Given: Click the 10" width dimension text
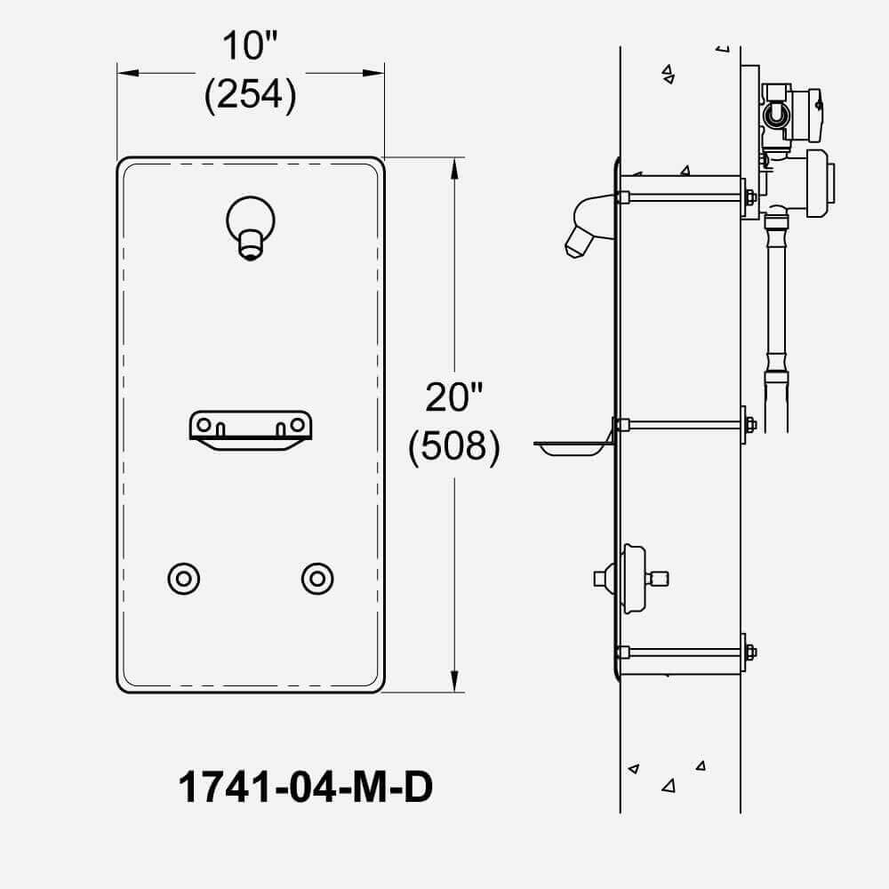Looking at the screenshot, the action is [x=250, y=46].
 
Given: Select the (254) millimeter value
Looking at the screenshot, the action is [x=250, y=94].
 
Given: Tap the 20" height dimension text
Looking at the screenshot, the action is [x=453, y=397].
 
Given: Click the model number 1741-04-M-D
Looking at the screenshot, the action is [x=306, y=787].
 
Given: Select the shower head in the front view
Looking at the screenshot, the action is [x=251, y=228].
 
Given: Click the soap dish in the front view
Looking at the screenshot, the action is [x=251, y=431].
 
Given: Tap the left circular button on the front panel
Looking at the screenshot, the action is [x=184, y=579].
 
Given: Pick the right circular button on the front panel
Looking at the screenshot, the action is [x=317, y=579].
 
